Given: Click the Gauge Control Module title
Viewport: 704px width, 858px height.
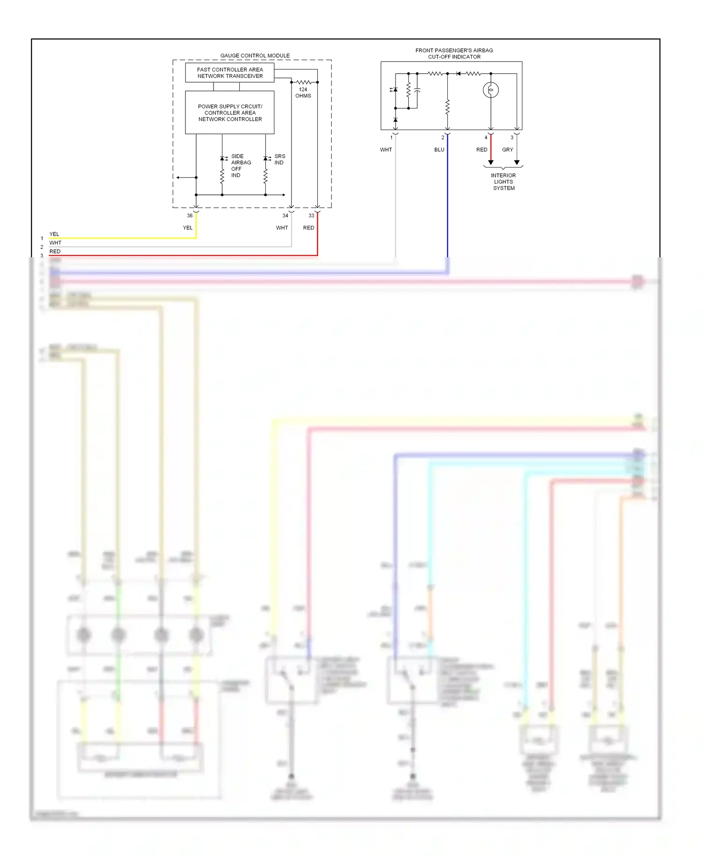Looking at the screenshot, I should pyautogui.click(x=255, y=55).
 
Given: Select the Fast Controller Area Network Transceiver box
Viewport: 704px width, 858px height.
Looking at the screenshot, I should pyautogui.click(x=230, y=73).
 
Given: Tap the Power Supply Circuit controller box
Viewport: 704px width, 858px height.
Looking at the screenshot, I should pyautogui.click(x=230, y=113).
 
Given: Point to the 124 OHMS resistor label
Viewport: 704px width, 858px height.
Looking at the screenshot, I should pyautogui.click(x=303, y=92).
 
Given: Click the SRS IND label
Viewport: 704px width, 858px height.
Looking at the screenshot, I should pyautogui.click(x=279, y=159).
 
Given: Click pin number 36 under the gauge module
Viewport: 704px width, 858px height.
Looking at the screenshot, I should pyautogui.click(x=190, y=215).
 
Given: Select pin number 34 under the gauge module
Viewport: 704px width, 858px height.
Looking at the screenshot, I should pyautogui.click(x=285, y=215).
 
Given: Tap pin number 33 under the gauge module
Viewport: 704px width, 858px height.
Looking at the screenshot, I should pyautogui.click(x=311, y=215).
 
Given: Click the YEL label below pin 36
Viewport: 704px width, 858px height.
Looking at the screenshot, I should pyautogui.click(x=188, y=228).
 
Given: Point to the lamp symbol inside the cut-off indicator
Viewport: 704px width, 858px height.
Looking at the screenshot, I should pyautogui.click(x=490, y=90).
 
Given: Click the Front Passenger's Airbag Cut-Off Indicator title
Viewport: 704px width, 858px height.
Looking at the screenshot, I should pyautogui.click(x=454, y=54).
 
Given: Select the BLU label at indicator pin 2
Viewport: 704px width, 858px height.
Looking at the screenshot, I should pyautogui.click(x=439, y=150).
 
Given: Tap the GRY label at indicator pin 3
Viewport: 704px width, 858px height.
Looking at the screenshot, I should pyautogui.click(x=507, y=150).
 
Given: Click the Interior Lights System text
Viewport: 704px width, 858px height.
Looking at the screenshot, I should pyautogui.click(x=504, y=182).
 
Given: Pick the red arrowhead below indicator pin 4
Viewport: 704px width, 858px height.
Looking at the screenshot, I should pyautogui.click(x=490, y=162).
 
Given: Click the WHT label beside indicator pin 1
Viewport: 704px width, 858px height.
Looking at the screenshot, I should pyautogui.click(x=386, y=150).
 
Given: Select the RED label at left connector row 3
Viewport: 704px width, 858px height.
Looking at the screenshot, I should pyautogui.click(x=55, y=252).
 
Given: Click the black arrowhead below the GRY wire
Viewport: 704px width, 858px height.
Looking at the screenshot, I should pyautogui.click(x=517, y=162).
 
